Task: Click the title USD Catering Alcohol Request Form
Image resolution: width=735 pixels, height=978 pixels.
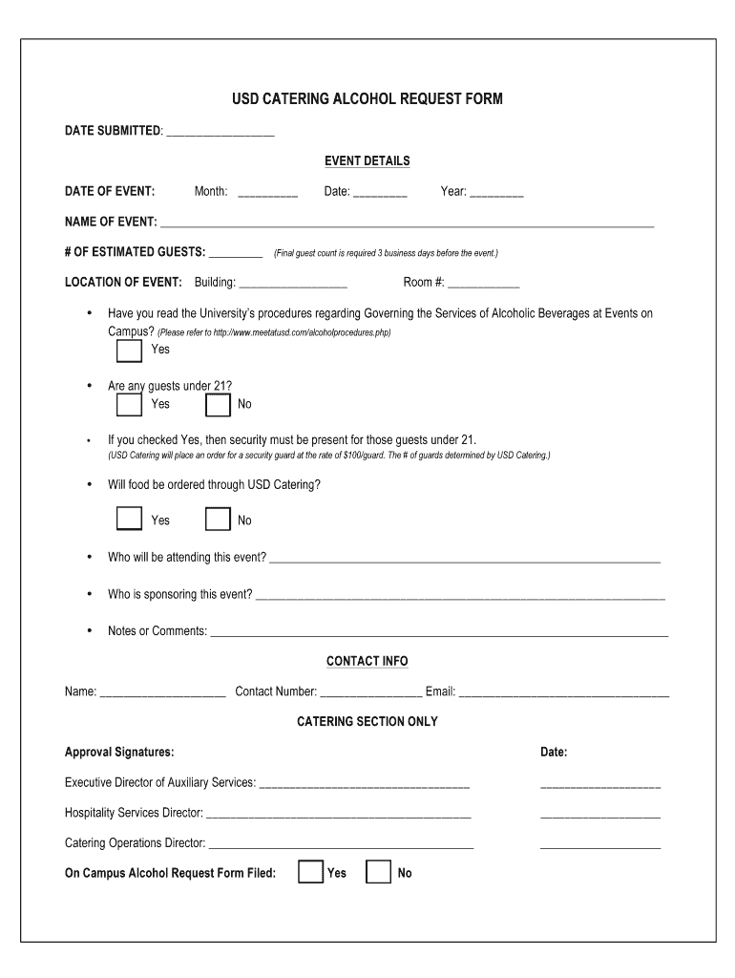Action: click(367, 99)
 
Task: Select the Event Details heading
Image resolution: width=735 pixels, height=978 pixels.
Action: click(367, 160)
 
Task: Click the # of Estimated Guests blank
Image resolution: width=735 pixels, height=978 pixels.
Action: click(236, 254)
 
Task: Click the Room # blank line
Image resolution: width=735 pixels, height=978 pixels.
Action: click(484, 285)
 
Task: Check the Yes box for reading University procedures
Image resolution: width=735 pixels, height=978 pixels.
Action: click(129, 351)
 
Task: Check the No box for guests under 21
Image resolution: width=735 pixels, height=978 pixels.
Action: click(219, 405)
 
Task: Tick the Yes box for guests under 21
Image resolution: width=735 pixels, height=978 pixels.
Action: click(129, 405)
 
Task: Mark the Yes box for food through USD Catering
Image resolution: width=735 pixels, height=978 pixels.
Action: click(129, 519)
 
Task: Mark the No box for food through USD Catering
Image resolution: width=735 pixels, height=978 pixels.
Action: click(219, 519)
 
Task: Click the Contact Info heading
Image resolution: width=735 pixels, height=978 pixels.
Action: click(367, 661)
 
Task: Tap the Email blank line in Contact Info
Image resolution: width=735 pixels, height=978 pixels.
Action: click(564, 693)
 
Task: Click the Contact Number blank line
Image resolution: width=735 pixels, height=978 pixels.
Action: click(371, 693)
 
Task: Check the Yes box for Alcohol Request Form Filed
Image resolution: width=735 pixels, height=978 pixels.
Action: click(310, 872)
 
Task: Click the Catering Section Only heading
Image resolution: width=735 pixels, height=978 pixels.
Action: click(367, 722)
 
